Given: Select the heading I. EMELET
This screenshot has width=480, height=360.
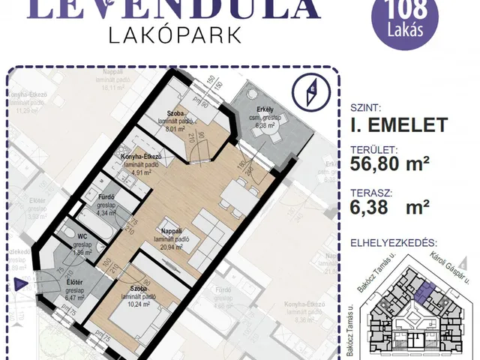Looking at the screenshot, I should (x=399, y=124).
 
